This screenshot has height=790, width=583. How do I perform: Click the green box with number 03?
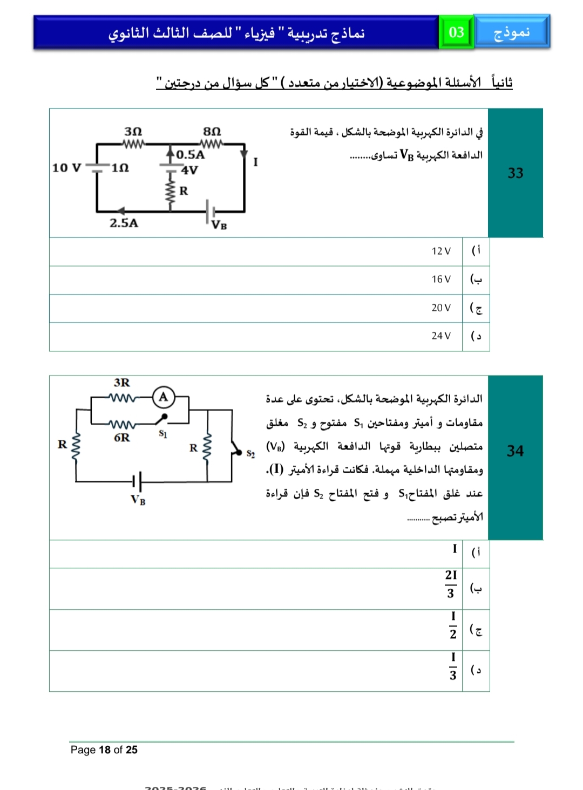click(x=456, y=32)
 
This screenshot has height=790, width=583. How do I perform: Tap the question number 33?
click(x=515, y=173)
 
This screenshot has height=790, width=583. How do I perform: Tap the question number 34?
click(x=515, y=451)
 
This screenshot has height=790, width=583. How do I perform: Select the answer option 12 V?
click(x=440, y=251)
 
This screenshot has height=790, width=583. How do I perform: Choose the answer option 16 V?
click(x=440, y=279)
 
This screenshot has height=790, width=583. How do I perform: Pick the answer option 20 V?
click(x=440, y=308)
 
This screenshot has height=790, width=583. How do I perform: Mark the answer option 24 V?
click(x=440, y=336)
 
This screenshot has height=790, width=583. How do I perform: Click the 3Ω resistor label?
click(x=133, y=132)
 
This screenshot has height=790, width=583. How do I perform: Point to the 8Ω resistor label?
click(x=212, y=132)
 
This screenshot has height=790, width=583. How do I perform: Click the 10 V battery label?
click(x=66, y=168)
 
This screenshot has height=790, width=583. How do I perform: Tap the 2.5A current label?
click(x=124, y=223)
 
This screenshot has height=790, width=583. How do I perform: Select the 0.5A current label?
click(x=191, y=155)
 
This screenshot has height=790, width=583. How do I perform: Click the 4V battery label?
click(x=189, y=171)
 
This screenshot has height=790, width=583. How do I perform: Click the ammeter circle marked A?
click(x=163, y=397)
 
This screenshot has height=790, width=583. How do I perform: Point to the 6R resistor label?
click(x=122, y=437)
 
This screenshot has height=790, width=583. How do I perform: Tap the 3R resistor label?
click(x=122, y=383)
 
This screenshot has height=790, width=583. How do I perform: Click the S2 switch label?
click(x=250, y=454)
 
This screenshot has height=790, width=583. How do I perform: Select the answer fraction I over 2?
click(x=453, y=625)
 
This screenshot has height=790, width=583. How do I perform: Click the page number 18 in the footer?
click(x=104, y=750)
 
